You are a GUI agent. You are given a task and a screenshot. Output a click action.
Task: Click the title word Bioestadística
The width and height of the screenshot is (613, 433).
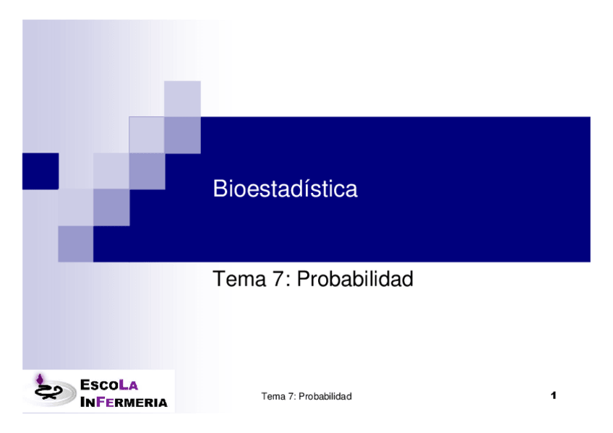tap(285, 189)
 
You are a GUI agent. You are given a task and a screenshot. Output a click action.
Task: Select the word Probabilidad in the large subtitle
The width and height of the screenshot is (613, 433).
tap(355, 279)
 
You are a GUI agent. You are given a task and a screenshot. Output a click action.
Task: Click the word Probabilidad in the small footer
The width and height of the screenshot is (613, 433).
tap(325, 397)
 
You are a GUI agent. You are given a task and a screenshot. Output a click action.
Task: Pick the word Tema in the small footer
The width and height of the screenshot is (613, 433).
tap(272, 397)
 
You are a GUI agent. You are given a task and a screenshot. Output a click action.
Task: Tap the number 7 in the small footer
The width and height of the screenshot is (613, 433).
tap(290, 397)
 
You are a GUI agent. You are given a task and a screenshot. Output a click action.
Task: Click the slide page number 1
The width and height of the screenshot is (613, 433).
tap(553, 395)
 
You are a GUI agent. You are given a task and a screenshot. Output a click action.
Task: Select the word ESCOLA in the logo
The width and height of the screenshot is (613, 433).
tap(108, 385)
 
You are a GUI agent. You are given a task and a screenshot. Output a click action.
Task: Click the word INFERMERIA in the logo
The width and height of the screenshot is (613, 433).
tap(123, 402)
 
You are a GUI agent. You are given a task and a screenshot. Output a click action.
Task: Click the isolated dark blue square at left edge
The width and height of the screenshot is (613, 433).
tap(40, 171)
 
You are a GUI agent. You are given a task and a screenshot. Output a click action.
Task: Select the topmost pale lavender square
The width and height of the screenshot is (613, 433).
tap(182, 98)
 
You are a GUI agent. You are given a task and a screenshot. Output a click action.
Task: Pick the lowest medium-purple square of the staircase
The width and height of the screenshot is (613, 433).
tap(76, 244)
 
